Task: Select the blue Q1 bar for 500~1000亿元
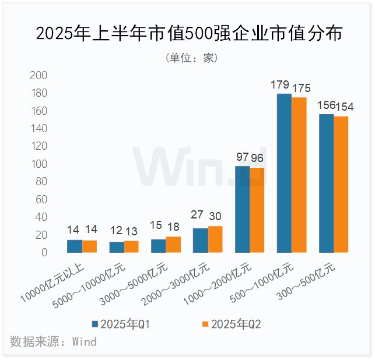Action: click(284, 173)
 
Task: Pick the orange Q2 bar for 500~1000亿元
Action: click(299, 175)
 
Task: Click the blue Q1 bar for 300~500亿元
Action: click(326, 183)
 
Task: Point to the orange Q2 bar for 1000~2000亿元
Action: click(257, 210)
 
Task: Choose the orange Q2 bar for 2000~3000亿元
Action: click(215, 239)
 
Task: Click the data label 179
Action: click(281, 86)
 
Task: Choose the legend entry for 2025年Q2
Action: click(231, 324)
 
